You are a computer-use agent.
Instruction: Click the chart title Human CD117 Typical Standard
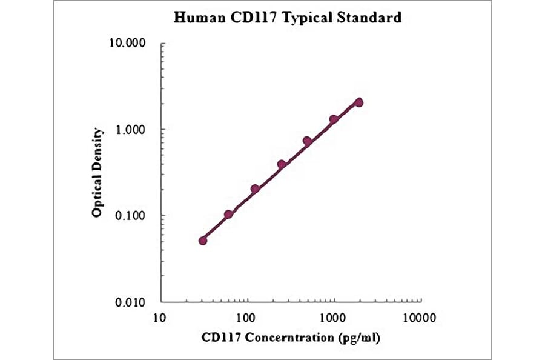click(x=288, y=18)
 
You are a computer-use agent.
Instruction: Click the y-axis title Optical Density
click(x=97, y=173)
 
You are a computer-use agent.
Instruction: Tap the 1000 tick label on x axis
click(x=333, y=316)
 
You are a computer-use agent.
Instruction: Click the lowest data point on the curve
click(x=203, y=241)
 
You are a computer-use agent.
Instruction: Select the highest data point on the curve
click(x=359, y=102)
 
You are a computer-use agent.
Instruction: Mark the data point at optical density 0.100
click(x=228, y=215)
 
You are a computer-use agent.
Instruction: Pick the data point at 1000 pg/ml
click(x=334, y=119)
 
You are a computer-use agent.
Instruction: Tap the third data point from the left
click(x=255, y=189)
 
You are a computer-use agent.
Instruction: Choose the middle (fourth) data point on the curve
click(x=282, y=164)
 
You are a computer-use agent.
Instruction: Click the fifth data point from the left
click(x=307, y=141)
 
